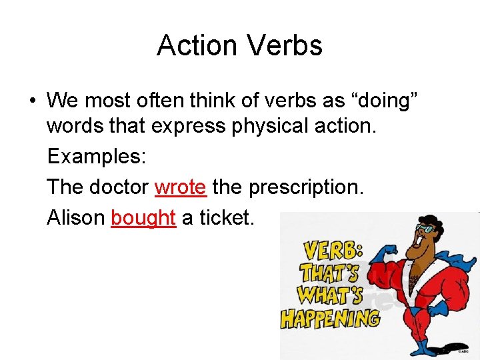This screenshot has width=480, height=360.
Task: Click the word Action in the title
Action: point(197,45)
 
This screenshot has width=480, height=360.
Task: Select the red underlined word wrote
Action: point(180,187)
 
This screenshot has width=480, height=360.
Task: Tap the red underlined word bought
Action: point(143,217)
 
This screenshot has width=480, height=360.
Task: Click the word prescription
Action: point(306,187)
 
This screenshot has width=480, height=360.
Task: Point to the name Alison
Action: point(76,217)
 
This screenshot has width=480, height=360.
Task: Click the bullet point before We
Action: point(32,101)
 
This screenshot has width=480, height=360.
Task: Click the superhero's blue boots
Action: point(427,347)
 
